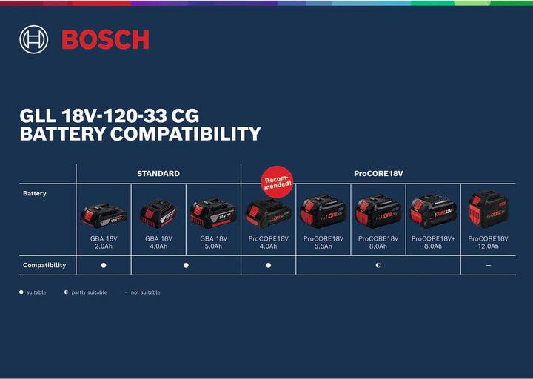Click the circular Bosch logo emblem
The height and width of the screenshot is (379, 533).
pyautogui.click(x=33, y=39)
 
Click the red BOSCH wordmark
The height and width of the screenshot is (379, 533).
pyautogui.click(x=105, y=40)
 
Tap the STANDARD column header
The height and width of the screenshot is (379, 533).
pyautogui.click(x=158, y=173)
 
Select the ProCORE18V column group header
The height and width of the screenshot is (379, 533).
pyautogui.click(x=378, y=173)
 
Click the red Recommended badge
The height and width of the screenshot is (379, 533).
pyautogui.click(x=277, y=181)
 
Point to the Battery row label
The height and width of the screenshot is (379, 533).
pyautogui.click(x=35, y=193)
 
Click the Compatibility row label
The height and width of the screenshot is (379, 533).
pyautogui.click(x=44, y=265)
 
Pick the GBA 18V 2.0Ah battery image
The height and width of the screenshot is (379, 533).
pyautogui.click(x=104, y=215)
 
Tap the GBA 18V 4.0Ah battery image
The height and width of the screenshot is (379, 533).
pyautogui.click(x=158, y=214)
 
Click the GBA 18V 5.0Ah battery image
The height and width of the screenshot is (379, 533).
pyautogui.click(x=213, y=213)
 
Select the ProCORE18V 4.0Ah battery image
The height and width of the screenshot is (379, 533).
pyautogui.click(x=268, y=213)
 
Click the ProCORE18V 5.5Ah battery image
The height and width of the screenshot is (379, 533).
pyautogui.click(x=323, y=212)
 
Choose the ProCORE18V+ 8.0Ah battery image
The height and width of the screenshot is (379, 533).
pyautogui.click(x=433, y=211)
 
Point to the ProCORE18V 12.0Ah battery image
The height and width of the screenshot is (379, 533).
pyautogui.click(x=488, y=209)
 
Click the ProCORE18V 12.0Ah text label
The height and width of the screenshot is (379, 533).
pyautogui.click(x=488, y=242)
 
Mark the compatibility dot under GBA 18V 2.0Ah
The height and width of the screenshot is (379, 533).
pyautogui.click(x=104, y=265)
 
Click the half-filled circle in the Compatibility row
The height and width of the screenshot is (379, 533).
pyautogui.click(x=378, y=265)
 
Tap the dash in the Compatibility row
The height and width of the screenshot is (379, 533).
pyautogui.click(x=488, y=265)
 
